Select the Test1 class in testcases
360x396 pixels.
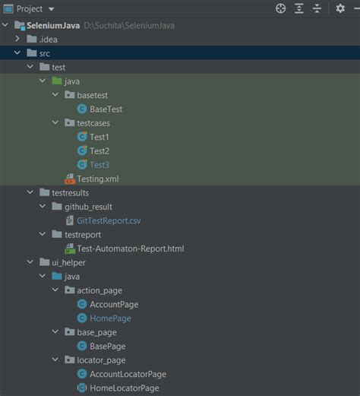99,137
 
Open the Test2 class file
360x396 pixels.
99,150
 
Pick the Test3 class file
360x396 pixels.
99,165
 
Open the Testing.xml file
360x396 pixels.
97,179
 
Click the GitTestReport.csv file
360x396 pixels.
108,220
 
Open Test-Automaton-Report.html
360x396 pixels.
130,249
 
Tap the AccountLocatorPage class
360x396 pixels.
127,374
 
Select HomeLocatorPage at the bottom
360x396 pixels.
124,388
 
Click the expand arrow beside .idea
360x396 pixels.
17,39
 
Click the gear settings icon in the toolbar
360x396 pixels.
340,8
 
